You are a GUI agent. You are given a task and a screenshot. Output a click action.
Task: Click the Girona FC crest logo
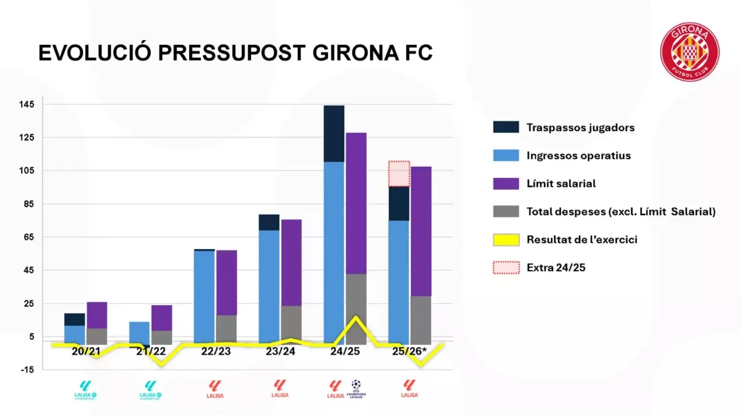tap(689, 52)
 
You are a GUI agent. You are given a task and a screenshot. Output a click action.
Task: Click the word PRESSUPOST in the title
tap(232, 53)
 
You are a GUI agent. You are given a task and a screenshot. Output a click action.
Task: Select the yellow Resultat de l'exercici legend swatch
tap(506, 240)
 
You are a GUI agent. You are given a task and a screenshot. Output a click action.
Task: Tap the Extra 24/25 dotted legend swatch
tap(506, 267)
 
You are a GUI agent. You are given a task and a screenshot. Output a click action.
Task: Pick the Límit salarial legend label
tap(561, 184)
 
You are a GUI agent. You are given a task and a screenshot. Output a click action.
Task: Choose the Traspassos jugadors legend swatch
tap(506, 127)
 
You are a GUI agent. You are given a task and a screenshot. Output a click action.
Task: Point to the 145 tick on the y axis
tap(27, 104)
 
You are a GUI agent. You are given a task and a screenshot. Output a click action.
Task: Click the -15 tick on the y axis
tap(27, 370)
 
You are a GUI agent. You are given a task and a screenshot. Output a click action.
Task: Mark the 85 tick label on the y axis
tap(27, 204)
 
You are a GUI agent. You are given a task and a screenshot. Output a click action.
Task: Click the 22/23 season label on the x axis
tap(216, 351)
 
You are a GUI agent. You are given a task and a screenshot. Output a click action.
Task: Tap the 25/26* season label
tap(409, 351)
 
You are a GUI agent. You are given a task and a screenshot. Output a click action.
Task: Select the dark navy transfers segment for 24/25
tap(334, 133)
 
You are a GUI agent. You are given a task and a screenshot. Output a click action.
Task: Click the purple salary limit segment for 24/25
tap(356, 203)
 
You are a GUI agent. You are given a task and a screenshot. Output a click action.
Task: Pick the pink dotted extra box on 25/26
tap(399, 174)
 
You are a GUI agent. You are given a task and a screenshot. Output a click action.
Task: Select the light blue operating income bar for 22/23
tap(204, 296)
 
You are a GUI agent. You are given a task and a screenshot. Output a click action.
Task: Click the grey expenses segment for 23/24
tap(291, 323)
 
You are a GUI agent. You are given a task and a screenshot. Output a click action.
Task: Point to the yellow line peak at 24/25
tap(356, 317)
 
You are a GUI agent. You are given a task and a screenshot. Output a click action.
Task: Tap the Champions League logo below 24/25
tap(356, 389)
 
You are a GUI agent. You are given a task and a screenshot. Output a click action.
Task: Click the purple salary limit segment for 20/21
tap(97, 315)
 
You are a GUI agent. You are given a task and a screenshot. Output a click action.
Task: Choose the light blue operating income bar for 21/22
tap(139, 332)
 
